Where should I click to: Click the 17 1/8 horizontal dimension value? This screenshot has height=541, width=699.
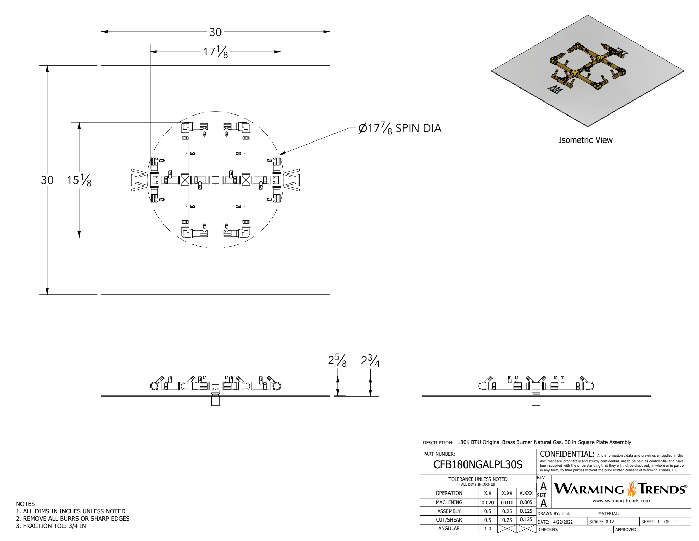click(x=215, y=52)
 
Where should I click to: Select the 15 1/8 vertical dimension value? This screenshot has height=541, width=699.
click(x=79, y=180)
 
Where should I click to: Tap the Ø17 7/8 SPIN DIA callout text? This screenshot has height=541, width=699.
click(x=400, y=128)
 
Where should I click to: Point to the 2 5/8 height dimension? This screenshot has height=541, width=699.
click(x=337, y=361)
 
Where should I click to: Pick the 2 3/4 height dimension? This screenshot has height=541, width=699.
click(x=370, y=361)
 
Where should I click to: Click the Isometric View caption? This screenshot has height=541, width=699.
click(x=585, y=140)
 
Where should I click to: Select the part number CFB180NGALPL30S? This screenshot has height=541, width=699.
click(x=477, y=464)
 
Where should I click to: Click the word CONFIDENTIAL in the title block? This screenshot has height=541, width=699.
click(x=567, y=454)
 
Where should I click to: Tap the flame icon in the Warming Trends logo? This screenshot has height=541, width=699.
click(x=632, y=488)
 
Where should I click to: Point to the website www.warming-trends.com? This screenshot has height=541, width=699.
click(x=621, y=501)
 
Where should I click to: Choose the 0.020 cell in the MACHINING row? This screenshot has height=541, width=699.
click(x=487, y=502)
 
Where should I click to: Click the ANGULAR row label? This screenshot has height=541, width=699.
click(x=449, y=528)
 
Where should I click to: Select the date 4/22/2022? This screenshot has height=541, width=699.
click(x=563, y=522)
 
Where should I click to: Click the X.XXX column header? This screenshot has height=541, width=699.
click(x=526, y=493)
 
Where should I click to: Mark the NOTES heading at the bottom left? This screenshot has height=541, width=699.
click(x=26, y=504)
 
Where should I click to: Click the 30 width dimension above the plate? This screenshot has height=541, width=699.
click(x=215, y=32)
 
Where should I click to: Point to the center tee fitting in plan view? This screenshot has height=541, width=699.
click(x=215, y=180)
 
